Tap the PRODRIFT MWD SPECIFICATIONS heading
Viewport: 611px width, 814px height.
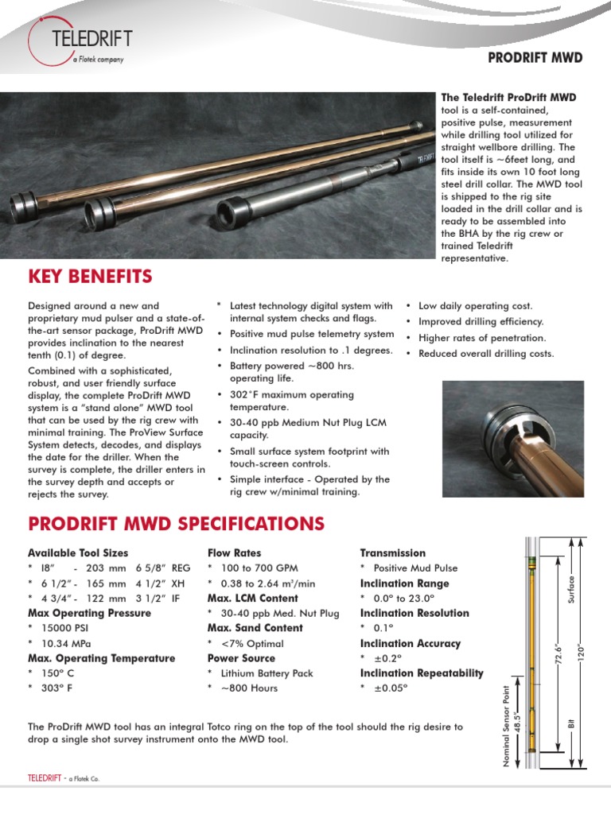click(x=176, y=523)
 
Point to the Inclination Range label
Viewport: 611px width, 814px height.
click(x=405, y=583)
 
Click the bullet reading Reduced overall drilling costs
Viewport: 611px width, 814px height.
click(x=486, y=354)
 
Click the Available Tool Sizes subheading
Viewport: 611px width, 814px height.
click(x=78, y=552)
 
